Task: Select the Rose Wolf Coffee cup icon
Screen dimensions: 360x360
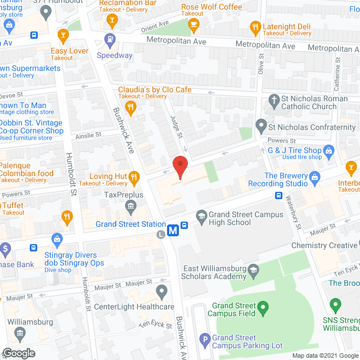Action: (x=194, y=23)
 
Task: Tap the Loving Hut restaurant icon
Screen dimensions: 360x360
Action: (x=134, y=178)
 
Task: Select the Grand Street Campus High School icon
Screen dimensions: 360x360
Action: (x=201, y=215)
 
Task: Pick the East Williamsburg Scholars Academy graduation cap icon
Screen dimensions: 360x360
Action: (x=254, y=271)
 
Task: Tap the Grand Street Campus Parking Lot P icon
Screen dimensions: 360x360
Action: (x=204, y=339)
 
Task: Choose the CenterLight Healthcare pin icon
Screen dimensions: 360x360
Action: (x=162, y=291)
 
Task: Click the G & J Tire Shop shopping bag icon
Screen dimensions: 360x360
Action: (x=330, y=150)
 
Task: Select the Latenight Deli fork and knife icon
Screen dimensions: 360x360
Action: (x=255, y=26)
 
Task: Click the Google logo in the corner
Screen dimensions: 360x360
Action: (x=18, y=353)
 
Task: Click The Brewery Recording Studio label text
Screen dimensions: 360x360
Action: (x=286, y=180)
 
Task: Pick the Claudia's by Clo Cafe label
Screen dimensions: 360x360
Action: (x=155, y=89)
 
